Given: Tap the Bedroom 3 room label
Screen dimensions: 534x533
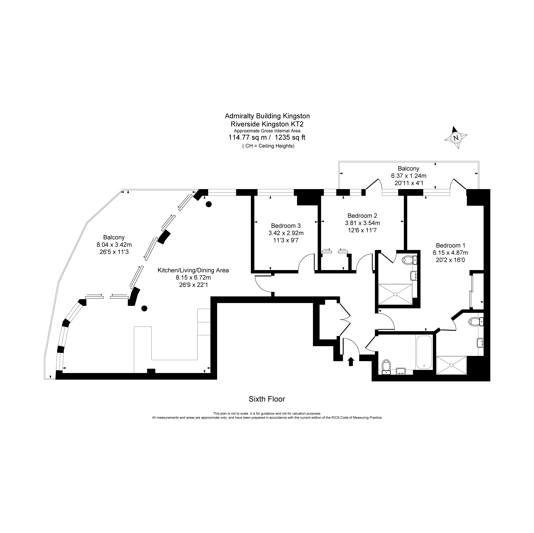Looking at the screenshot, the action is [286, 226].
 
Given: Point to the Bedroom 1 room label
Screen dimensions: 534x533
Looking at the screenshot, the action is [451, 245].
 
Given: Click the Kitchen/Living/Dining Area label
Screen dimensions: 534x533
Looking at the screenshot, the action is [193, 270].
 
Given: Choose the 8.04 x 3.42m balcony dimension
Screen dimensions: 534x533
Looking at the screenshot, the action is [114, 244].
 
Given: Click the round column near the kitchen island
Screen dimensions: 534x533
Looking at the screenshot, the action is [144, 308].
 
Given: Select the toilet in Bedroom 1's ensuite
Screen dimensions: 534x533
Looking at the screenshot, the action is [476, 321].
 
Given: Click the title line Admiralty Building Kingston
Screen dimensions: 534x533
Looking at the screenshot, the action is [267, 116].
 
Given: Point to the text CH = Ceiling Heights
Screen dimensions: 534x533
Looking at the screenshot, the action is [268, 146].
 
